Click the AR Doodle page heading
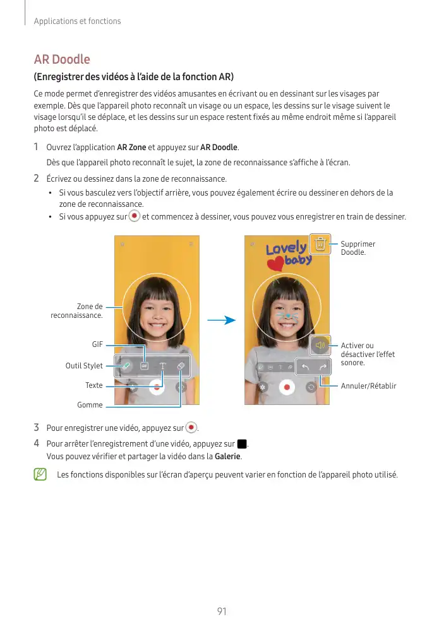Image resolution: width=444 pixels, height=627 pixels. click(62, 60)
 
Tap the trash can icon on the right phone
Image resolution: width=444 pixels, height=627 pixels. click(320, 244)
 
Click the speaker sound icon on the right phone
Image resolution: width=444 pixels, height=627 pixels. click(320, 344)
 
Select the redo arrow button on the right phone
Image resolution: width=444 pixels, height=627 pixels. click(323, 366)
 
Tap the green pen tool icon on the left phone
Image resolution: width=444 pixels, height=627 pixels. click(126, 366)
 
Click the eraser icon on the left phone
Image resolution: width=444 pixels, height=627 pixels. click(180, 366)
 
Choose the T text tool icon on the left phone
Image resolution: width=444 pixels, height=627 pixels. click(162, 366)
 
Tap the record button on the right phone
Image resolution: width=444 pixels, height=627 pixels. click(287, 387)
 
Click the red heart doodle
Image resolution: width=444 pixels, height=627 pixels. click(274, 263)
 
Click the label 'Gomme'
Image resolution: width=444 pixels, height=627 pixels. click(90, 405)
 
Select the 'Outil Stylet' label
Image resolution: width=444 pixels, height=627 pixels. click(84, 366)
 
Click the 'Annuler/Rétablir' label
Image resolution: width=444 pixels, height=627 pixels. click(368, 386)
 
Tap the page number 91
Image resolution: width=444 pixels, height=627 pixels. click(221, 612)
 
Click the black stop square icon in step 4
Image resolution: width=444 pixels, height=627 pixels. click(241, 444)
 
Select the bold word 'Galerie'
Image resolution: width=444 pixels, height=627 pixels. click(228, 457)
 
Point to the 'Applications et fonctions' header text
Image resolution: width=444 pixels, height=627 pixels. click(77, 21)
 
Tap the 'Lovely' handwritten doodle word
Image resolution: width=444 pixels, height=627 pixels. click(285, 249)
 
